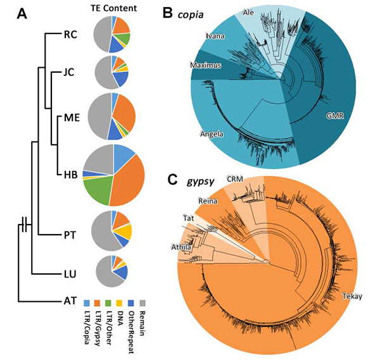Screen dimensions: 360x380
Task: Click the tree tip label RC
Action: [x=69, y=35]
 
